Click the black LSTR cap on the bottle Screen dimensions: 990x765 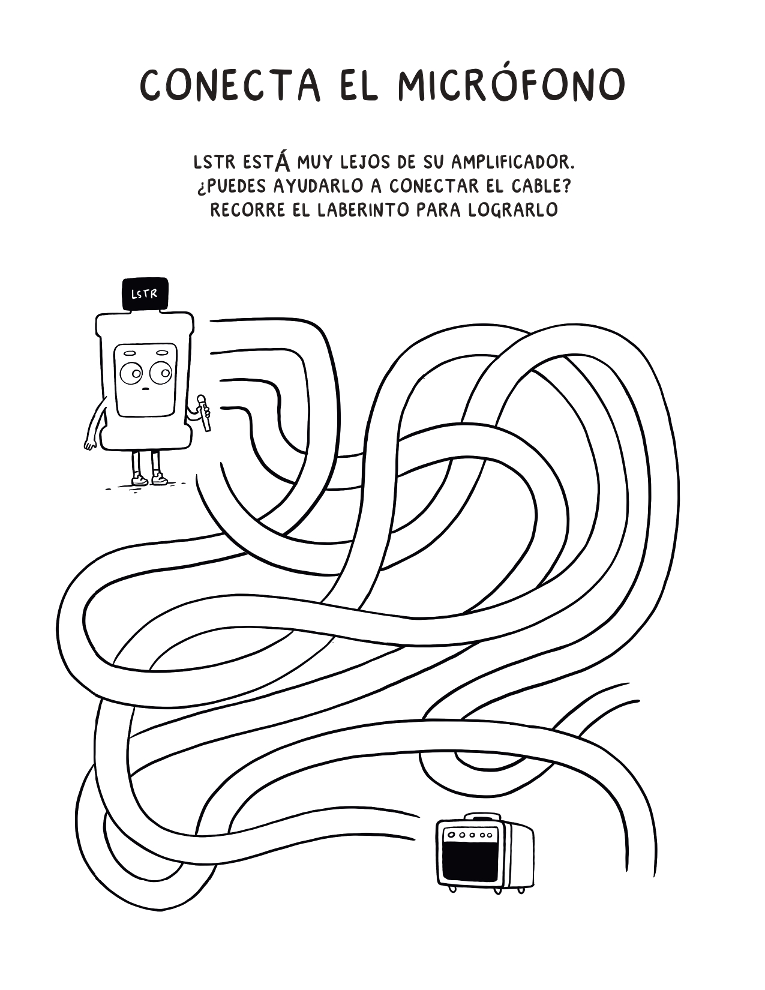[x=145, y=294]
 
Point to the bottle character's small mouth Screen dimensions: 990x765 [x=145, y=389]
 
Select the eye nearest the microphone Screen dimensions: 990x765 [x=161, y=373]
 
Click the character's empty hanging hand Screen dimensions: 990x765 [x=91, y=445]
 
